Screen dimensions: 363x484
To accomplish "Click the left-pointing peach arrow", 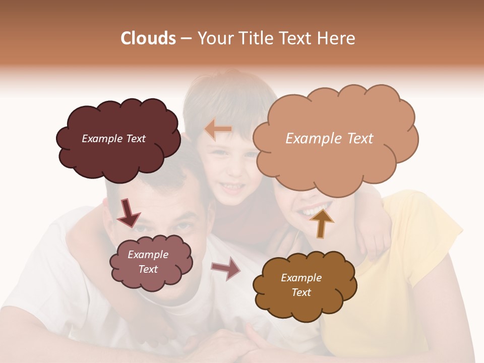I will click(218, 130).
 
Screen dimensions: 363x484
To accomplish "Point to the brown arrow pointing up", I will click(321, 223).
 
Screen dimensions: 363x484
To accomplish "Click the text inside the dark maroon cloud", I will click(113, 139).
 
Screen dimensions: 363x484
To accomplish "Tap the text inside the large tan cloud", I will click(329, 139).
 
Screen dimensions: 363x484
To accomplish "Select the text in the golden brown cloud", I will click(301, 285).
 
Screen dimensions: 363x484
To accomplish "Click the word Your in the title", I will click(214, 38).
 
